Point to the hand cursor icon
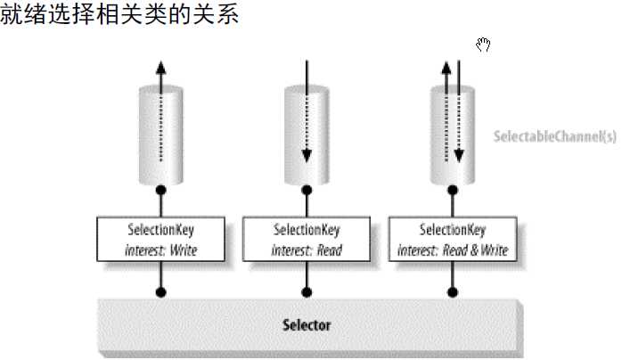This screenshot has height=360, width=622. tap(484, 45)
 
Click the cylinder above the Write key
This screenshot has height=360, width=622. tap(160, 134)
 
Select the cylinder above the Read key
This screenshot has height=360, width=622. tap(307, 134)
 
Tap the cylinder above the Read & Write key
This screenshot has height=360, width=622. tap(452, 134)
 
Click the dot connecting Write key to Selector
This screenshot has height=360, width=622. tap(160, 290)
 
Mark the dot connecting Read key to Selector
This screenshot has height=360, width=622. tap(307, 290)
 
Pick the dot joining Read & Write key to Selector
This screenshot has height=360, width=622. tap(452, 290)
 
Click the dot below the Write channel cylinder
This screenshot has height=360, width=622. tap(160, 190)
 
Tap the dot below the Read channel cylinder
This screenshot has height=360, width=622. tap(307, 190)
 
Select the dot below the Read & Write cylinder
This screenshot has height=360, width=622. tap(452, 190)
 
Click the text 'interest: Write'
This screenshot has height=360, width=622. tap(160, 250)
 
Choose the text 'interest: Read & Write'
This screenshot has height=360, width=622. tap(452, 250)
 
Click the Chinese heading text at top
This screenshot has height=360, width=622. tap(119, 16)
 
